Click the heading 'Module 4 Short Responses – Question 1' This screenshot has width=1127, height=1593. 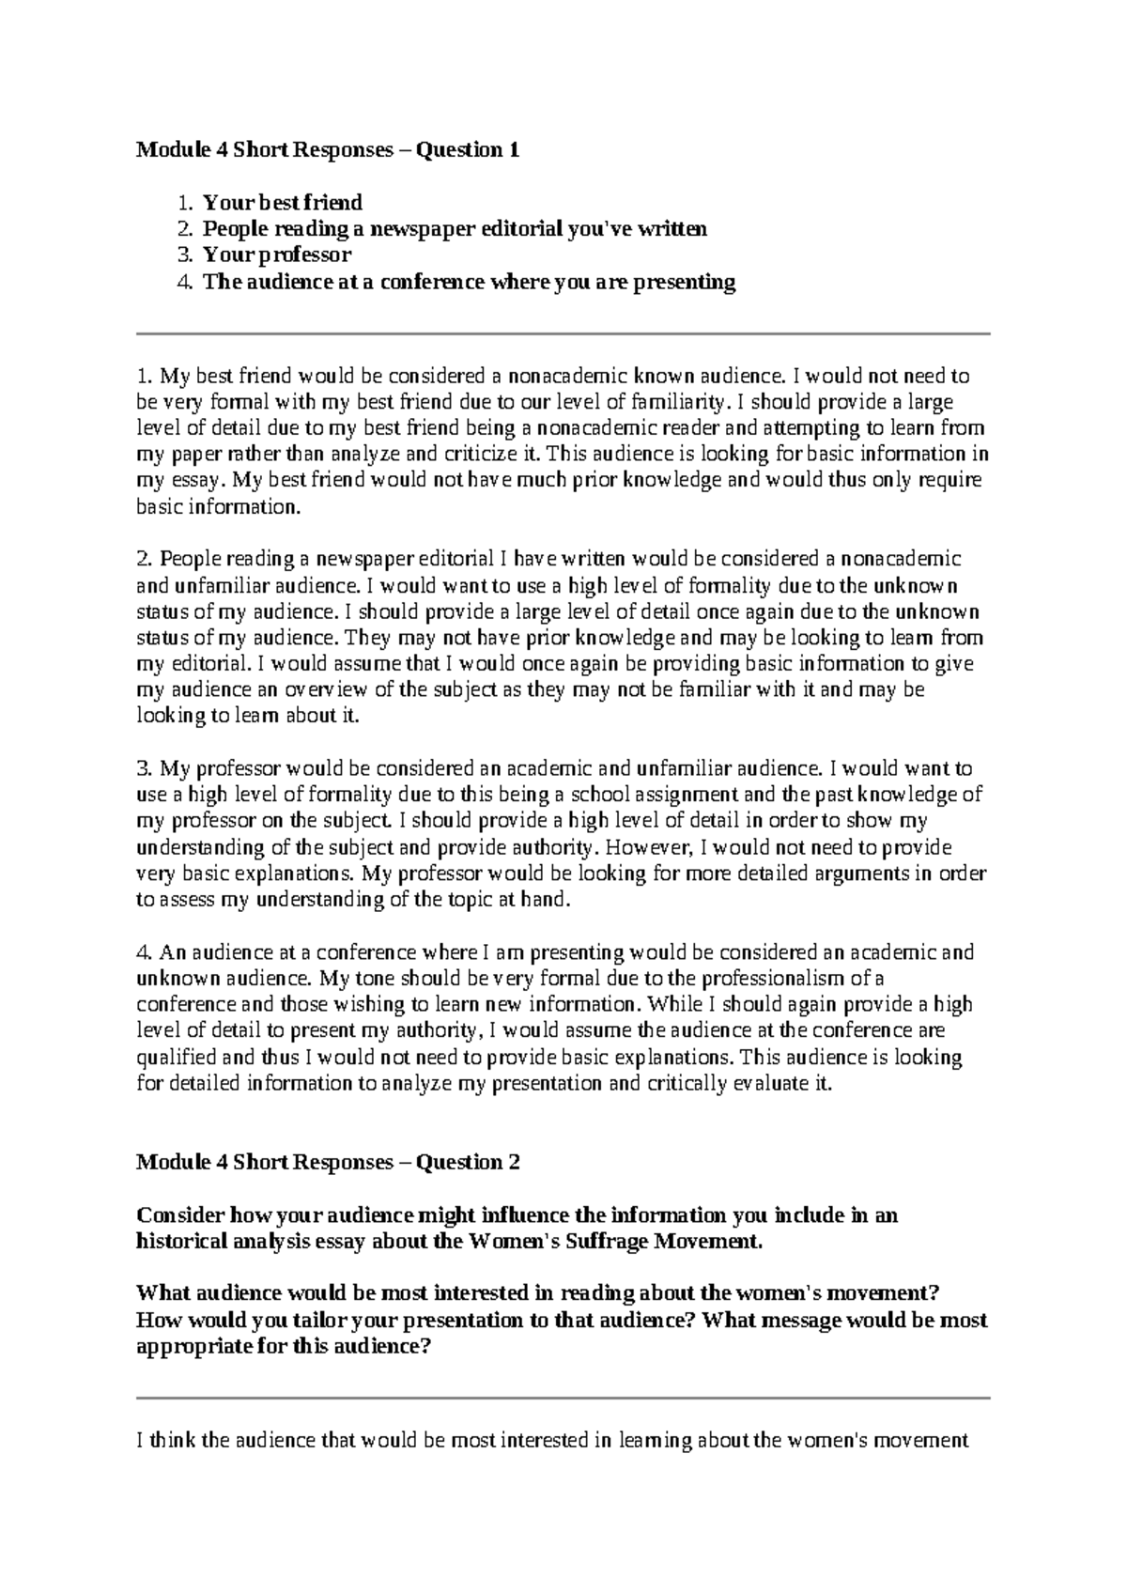tap(328, 149)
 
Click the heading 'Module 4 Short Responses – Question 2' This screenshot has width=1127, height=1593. tap(328, 1162)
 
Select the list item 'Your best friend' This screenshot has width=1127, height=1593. tap(283, 202)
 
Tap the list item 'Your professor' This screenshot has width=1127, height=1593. tap(277, 255)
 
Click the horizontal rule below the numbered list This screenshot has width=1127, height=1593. tap(563, 333)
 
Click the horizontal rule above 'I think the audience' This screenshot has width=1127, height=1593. tap(563, 1398)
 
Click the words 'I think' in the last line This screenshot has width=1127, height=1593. tap(164, 1440)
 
